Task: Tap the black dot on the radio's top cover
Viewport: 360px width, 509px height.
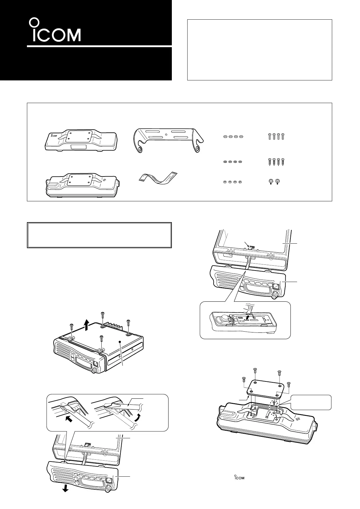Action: click(120, 342)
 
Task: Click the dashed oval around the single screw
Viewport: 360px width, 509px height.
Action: click(274, 408)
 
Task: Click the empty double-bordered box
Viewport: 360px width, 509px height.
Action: click(100, 235)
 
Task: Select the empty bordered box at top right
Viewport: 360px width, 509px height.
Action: click(260, 50)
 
